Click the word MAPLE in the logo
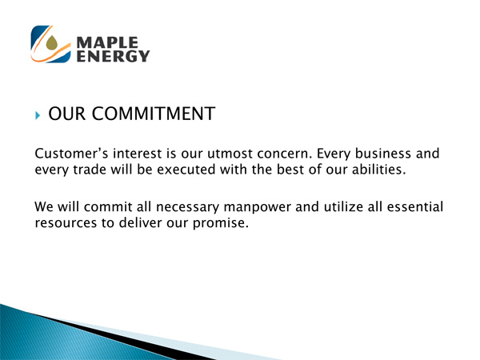pyautogui.click(x=107, y=42)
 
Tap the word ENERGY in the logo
pyautogui.click(x=113, y=56)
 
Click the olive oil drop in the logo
pyautogui.click(x=52, y=42)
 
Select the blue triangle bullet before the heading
pyautogui.click(x=38, y=115)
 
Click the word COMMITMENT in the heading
pyautogui.click(x=154, y=114)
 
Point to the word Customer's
pyautogui.click(x=71, y=154)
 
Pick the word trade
pyautogui.click(x=90, y=170)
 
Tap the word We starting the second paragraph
pyautogui.click(x=44, y=206)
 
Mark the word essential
pyautogui.click(x=415, y=206)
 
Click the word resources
pyautogui.click(x=66, y=223)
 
